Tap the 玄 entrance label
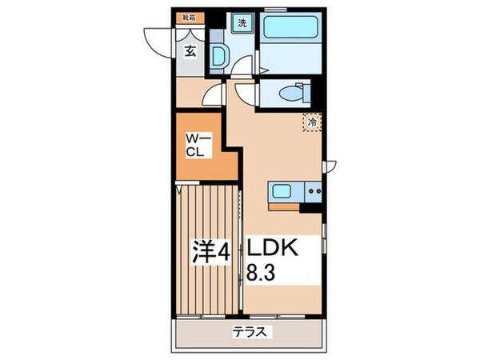[x=192, y=52]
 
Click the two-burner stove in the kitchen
[x=314, y=190]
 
